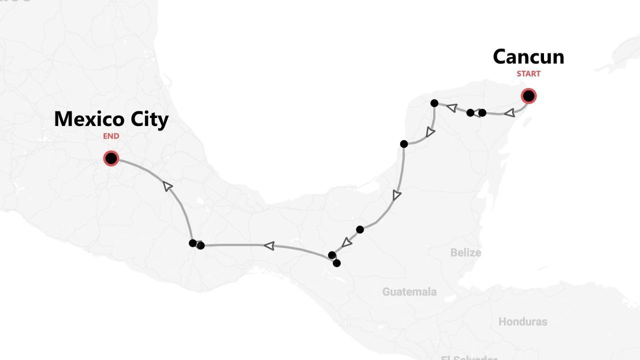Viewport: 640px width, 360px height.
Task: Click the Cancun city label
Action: point(528,56)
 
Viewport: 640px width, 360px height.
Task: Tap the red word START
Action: point(528,73)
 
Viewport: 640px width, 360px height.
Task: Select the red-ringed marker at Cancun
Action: point(528,95)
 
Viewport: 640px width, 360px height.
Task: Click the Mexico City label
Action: point(111,119)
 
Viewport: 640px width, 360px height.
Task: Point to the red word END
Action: point(111,136)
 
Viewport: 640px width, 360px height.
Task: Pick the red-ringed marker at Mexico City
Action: point(111,158)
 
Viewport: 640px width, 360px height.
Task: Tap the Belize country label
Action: point(465,252)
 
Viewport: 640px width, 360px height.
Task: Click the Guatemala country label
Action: point(409,291)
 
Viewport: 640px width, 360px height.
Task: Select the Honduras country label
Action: point(522,321)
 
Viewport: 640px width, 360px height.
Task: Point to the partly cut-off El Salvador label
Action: point(469,357)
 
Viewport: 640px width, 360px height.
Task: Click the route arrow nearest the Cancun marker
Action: point(509,113)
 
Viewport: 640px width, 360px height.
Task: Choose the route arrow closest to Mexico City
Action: point(168,186)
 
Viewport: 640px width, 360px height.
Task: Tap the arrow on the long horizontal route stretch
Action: point(269,245)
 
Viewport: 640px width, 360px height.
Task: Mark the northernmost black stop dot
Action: point(434,103)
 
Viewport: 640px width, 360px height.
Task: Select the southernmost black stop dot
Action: point(336,263)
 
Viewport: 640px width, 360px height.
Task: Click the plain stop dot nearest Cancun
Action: point(482,112)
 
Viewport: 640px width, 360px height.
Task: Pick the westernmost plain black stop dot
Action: point(192,243)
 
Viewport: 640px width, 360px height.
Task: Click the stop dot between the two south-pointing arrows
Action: point(404,144)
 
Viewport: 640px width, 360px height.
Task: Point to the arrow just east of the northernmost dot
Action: point(451,107)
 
